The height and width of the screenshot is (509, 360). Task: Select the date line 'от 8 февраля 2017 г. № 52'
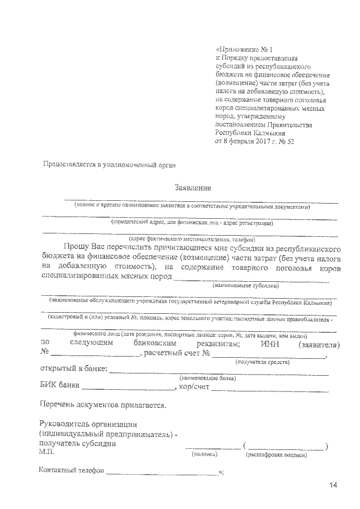(255, 141)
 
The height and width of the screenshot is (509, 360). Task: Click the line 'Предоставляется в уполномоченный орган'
(110, 165)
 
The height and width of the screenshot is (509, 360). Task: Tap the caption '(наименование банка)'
(206, 379)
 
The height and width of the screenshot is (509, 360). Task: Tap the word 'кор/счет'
(194, 386)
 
